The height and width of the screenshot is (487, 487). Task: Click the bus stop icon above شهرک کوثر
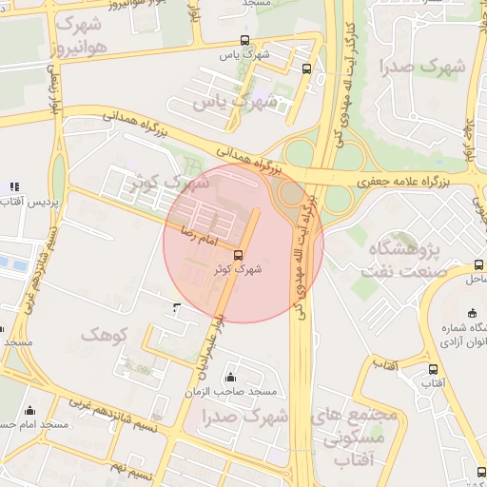tap(238, 254)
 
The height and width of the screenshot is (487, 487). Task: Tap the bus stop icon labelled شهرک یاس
tap(245, 40)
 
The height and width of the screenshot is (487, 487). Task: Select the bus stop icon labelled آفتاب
tap(434, 369)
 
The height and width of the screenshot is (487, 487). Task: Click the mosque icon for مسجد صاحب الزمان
tap(231, 378)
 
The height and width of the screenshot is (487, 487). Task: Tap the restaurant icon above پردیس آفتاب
tap(13, 186)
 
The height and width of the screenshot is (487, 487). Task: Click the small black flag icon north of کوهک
tap(176, 306)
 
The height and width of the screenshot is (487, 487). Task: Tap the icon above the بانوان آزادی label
tap(473, 314)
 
